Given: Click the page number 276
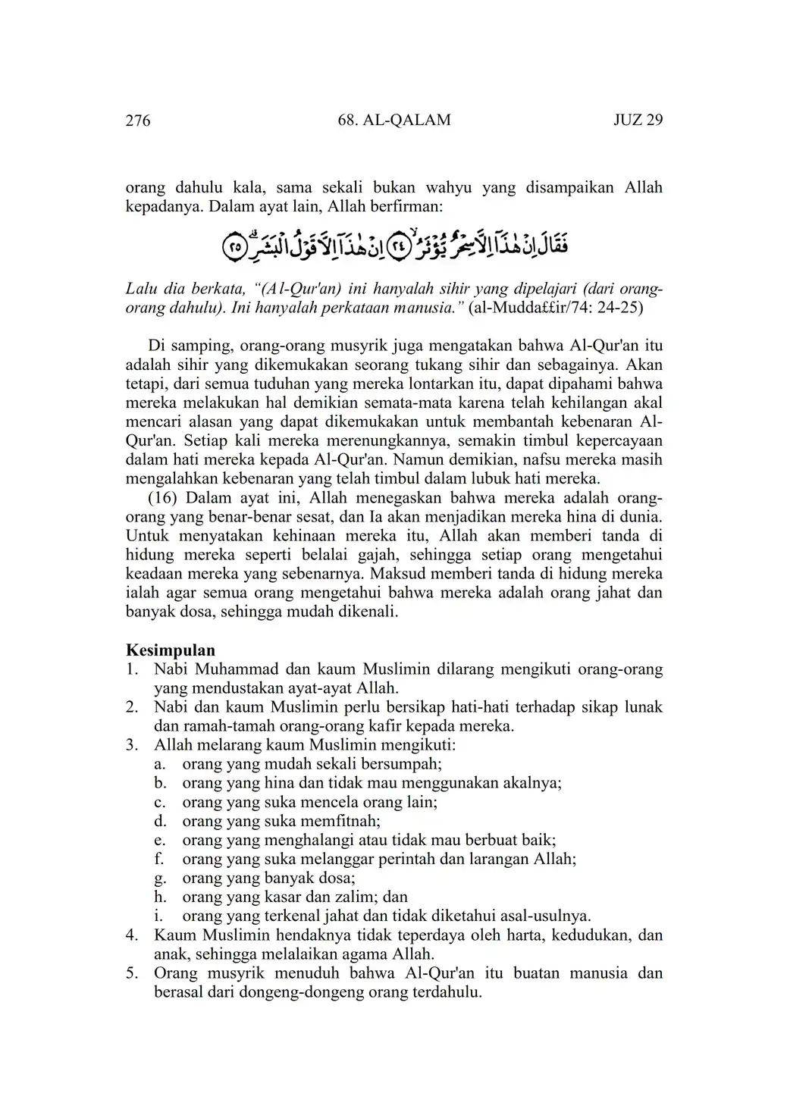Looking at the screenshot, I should (x=137, y=121).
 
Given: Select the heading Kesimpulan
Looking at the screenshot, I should (x=170, y=650).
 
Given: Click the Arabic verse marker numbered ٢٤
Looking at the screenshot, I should (x=398, y=246).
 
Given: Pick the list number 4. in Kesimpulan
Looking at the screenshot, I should (x=132, y=935).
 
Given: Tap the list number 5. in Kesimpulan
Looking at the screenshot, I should (x=132, y=972).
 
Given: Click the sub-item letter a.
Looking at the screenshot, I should (x=159, y=764).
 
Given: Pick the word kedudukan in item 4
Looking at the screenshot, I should (x=590, y=935).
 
